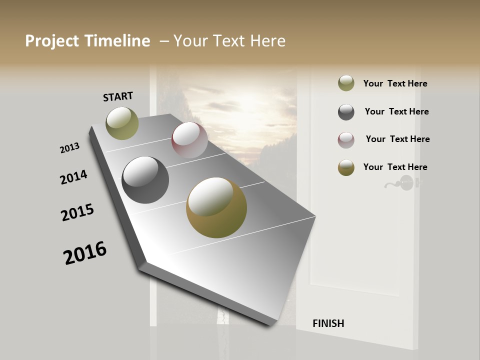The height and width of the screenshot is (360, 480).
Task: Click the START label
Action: coord(118,96)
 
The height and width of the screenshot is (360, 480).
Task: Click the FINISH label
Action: coord(328,323)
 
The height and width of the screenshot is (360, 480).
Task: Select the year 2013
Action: coord(69,148)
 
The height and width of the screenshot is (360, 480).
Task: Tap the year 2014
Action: coord(73,177)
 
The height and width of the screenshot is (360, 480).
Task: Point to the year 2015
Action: coord(77,212)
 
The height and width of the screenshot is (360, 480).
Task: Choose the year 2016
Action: coord(85,253)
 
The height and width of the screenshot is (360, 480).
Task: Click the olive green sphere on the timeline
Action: coord(122,123)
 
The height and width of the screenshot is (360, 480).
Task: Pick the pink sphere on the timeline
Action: coord(189,139)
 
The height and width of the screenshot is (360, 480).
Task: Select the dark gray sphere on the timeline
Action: coord(145,179)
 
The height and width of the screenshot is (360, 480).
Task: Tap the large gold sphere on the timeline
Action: coord(216,207)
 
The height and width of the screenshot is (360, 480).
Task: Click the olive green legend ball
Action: coord(346,83)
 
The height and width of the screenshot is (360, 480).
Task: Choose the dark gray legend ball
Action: coord(346,112)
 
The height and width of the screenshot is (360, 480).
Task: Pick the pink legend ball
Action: coord(346,140)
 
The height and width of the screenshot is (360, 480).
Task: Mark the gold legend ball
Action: coord(346,167)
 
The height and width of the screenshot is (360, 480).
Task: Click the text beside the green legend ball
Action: coord(395,84)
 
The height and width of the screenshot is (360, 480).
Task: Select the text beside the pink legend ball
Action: coord(397,139)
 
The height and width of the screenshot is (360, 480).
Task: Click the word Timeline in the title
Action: coord(117,41)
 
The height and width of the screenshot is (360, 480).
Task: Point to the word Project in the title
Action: coord(52,41)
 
